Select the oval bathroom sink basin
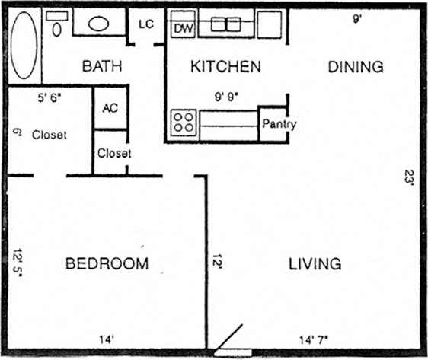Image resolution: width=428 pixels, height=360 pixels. coord(99,23)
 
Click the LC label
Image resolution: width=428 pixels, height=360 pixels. coord(146,24)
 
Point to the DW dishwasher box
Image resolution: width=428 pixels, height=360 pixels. coord(182,28)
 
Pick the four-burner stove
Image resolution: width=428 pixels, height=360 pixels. coord(183,122)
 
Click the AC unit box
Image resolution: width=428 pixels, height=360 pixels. coord(110,107)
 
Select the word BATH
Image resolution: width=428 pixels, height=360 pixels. coord(102,67)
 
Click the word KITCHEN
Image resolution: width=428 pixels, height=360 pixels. coord(225,67)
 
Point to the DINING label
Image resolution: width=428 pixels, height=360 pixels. coord(356,67)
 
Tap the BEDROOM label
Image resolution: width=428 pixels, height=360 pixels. coord(106,264)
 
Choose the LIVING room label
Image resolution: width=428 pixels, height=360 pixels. coord(315,264)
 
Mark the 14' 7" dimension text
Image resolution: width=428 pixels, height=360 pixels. coord(315,340)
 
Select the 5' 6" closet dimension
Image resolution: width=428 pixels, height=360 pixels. coord(52,97)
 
